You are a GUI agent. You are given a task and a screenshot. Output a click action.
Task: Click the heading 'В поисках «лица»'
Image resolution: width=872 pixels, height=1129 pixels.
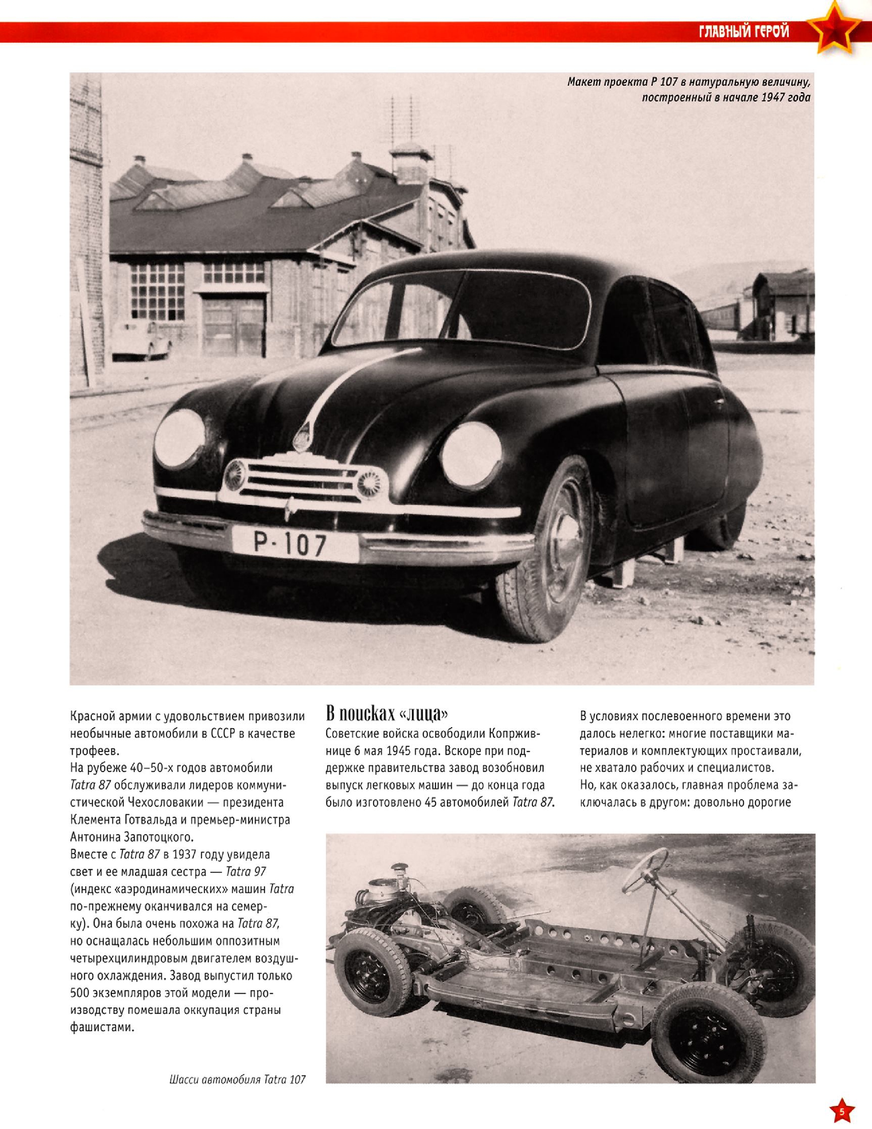[387, 714]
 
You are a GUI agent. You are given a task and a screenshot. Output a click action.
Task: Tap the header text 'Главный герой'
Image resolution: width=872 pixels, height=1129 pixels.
[744, 32]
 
